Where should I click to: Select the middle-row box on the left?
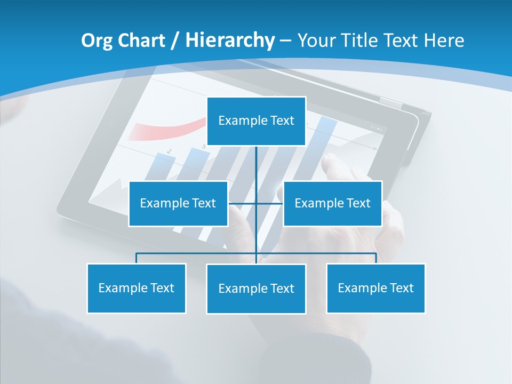(178, 203)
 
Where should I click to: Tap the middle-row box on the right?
(333, 203)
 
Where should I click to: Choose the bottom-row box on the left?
(137, 288)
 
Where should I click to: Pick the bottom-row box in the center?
(256, 289)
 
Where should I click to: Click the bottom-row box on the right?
(376, 288)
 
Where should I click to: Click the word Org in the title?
(96, 41)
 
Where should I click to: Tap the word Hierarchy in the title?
(230, 41)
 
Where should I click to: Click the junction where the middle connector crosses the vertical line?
(257, 203)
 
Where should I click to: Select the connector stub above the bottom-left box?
(137, 259)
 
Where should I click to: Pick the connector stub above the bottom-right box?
(376, 259)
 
